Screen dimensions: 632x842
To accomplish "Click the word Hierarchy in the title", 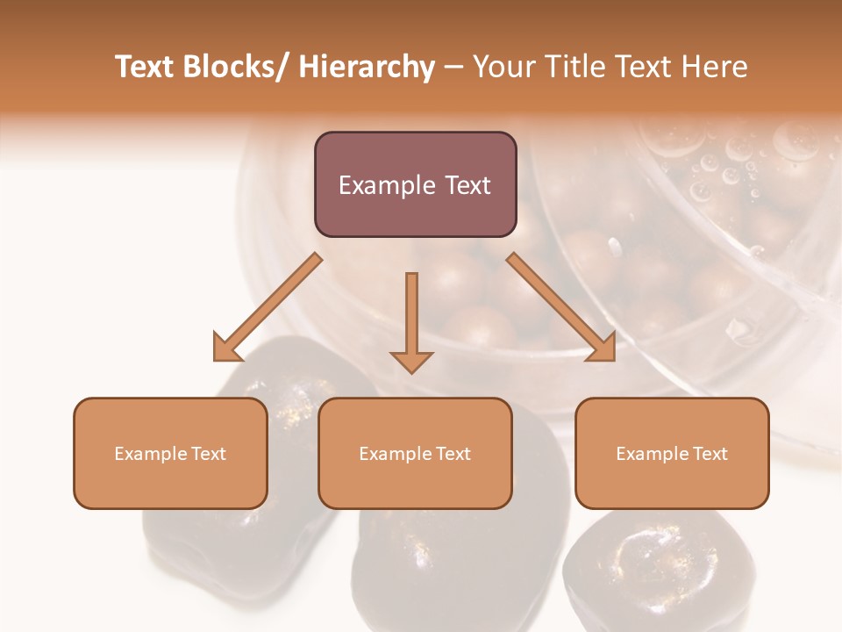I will coord(367,68).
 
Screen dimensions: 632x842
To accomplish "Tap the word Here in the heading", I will coord(714,68).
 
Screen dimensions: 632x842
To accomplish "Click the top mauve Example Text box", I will coord(415,184).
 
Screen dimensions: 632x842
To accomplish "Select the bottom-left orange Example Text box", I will coord(170,453).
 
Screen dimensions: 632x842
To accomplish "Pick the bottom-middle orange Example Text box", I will coord(415,453).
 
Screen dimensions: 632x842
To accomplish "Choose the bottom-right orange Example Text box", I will coord(672,453).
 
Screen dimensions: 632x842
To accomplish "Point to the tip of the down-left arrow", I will coord(216,359).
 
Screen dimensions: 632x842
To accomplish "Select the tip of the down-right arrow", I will coord(613,359).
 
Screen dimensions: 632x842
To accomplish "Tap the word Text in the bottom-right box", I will coord(710,454).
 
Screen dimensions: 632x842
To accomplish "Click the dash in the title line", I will coord(453,68).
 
